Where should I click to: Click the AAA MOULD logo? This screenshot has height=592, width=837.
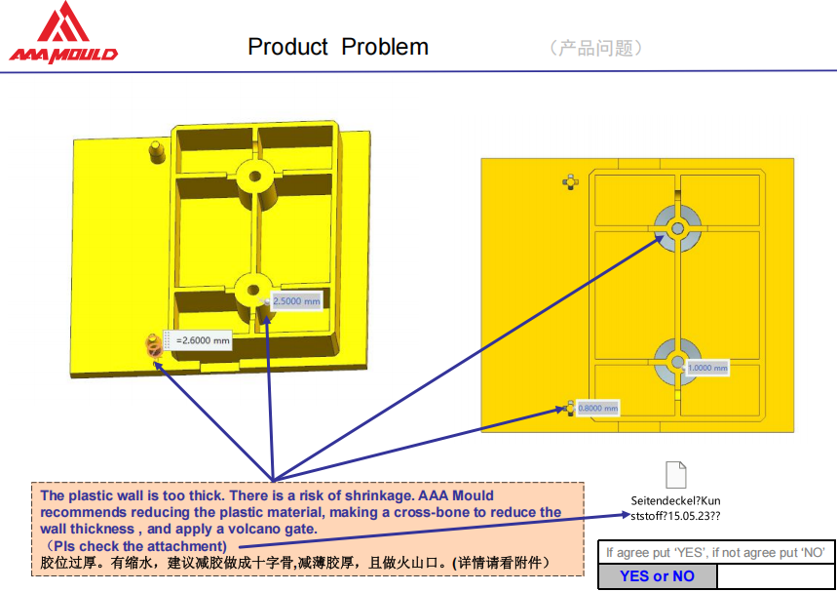[63, 32]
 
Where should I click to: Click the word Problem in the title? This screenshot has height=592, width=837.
[385, 47]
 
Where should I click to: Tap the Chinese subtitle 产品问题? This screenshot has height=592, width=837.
[595, 48]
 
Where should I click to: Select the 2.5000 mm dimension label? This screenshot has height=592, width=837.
[296, 301]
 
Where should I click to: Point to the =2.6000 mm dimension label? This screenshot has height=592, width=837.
[203, 340]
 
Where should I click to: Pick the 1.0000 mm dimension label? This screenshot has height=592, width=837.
[707, 368]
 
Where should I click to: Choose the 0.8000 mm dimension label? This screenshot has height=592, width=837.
[598, 409]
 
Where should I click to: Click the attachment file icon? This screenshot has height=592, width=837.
[676, 474]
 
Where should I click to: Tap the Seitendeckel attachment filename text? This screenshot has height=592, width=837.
[676, 508]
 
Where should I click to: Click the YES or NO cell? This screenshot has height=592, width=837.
[657, 576]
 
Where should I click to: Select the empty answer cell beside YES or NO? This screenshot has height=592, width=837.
[775, 576]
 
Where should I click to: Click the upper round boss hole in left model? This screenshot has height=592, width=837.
[254, 176]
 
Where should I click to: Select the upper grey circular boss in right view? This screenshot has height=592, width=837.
[677, 228]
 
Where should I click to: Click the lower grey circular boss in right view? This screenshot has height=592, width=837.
[677, 362]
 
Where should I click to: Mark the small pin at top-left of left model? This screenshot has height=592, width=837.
[155, 152]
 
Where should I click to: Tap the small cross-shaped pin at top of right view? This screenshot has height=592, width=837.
[570, 182]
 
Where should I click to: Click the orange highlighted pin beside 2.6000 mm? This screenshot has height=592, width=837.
[153, 346]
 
